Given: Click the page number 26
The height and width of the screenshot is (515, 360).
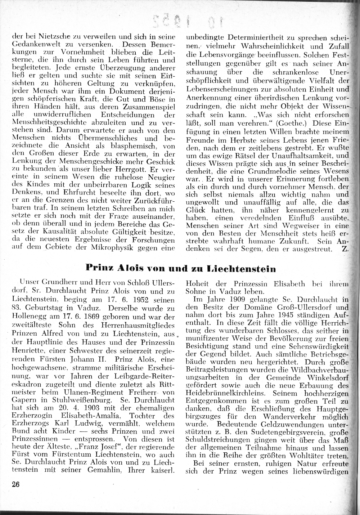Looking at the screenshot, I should click(x=15, y=484).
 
